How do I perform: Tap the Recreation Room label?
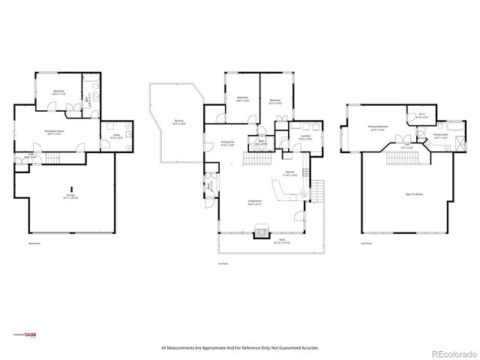click(52, 133)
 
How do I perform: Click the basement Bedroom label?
click(58, 93)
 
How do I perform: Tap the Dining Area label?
click(227, 143)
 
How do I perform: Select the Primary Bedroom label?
click(377, 128)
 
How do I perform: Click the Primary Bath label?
click(440, 136)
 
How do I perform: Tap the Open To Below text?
click(414, 194)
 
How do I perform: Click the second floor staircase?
click(399, 156)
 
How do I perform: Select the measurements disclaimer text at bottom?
click(240, 348)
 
